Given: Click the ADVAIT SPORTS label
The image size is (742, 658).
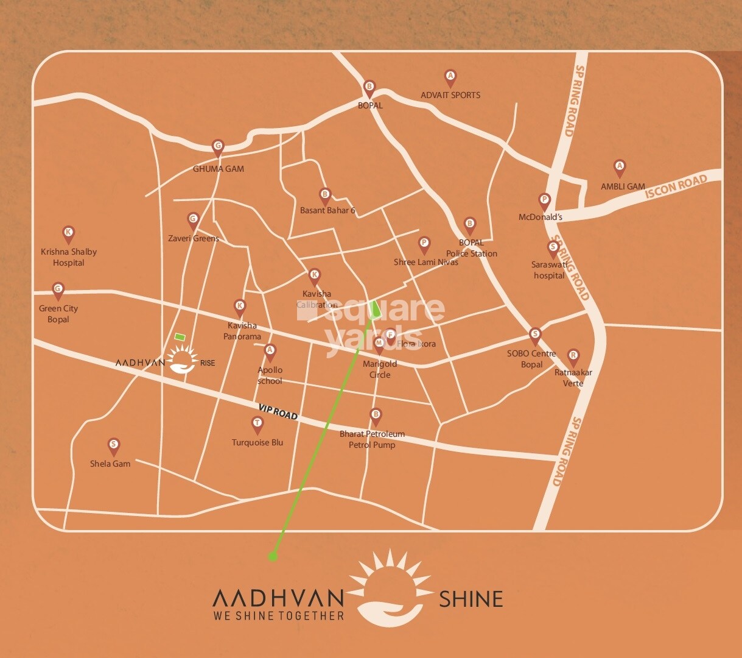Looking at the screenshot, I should pos(450,95).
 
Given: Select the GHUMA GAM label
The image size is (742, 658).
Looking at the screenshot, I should pos(219,169).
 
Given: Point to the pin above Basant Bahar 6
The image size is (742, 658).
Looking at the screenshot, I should pos(325,196).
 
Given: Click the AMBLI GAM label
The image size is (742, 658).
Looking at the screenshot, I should pos(623,186).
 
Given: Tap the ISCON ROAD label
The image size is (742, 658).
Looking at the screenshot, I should pos(676,186).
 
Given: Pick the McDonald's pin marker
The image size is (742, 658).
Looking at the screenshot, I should pos(545,200).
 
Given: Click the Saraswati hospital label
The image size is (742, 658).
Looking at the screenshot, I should pos(549,270).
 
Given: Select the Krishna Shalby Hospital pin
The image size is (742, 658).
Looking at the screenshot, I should pos(68,233).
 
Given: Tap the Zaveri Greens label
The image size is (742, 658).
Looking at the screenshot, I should pos(194,238).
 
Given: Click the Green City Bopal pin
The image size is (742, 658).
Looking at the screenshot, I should pos(58,290).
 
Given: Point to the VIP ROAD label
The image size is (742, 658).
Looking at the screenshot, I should pos(278,412).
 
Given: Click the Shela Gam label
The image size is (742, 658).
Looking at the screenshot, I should pos(110,464).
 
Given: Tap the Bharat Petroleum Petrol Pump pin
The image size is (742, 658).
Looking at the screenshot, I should pos(376,416).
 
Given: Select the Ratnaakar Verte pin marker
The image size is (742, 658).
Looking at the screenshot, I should pos(573,356).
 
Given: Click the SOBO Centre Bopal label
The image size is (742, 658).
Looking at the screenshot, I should pos(531,359).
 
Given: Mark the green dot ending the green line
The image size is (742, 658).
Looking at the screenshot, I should pos(273,556).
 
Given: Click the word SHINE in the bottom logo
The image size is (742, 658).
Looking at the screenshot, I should pos(471,599).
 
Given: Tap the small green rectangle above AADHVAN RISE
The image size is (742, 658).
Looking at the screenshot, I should pos(180,336).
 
